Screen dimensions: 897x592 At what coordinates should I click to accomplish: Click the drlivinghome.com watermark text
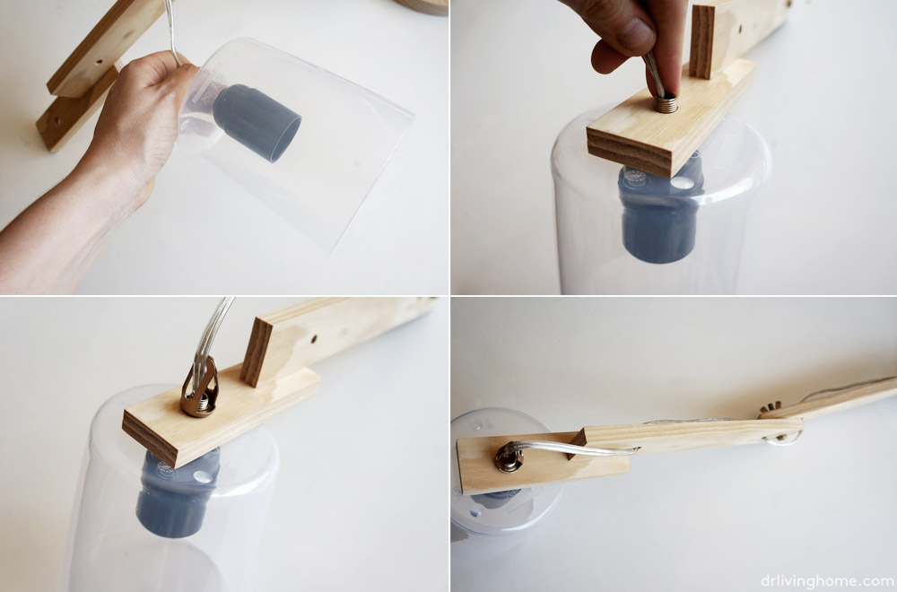pos(828,580)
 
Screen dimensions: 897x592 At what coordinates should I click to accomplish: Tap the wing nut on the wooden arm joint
pos(770,408)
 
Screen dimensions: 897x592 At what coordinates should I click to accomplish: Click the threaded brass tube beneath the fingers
pos(666,103)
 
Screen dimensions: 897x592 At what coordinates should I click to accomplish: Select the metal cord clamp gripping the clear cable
pos(200,387)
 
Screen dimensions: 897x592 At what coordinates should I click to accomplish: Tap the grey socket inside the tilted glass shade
pos(257,122)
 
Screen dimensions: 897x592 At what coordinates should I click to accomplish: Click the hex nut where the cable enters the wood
pos(508,458)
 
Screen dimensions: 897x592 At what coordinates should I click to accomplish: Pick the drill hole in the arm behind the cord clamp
pos(314,339)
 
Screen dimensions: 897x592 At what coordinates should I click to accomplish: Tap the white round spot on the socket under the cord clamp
pos(202,476)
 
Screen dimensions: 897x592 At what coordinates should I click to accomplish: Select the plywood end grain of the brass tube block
pos(630,152)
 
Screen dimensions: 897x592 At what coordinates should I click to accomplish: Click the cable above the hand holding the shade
pos(171,29)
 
